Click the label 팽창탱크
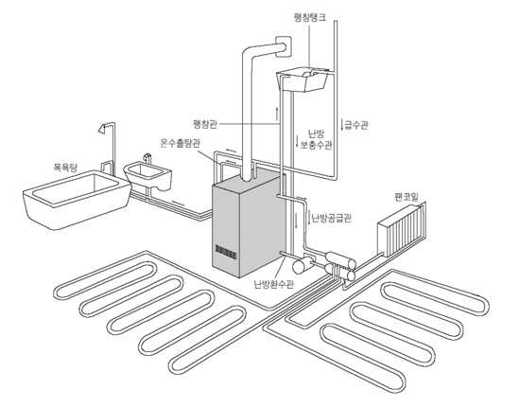[x=310, y=17]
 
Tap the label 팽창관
[x=205, y=125]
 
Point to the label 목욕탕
[x=65, y=167]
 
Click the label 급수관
[x=356, y=125]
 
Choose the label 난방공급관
[x=331, y=218]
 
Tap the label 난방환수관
[x=274, y=284]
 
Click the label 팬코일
[x=407, y=197]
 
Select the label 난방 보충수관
[x=317, y=139]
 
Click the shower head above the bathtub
[x=103, y=128]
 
